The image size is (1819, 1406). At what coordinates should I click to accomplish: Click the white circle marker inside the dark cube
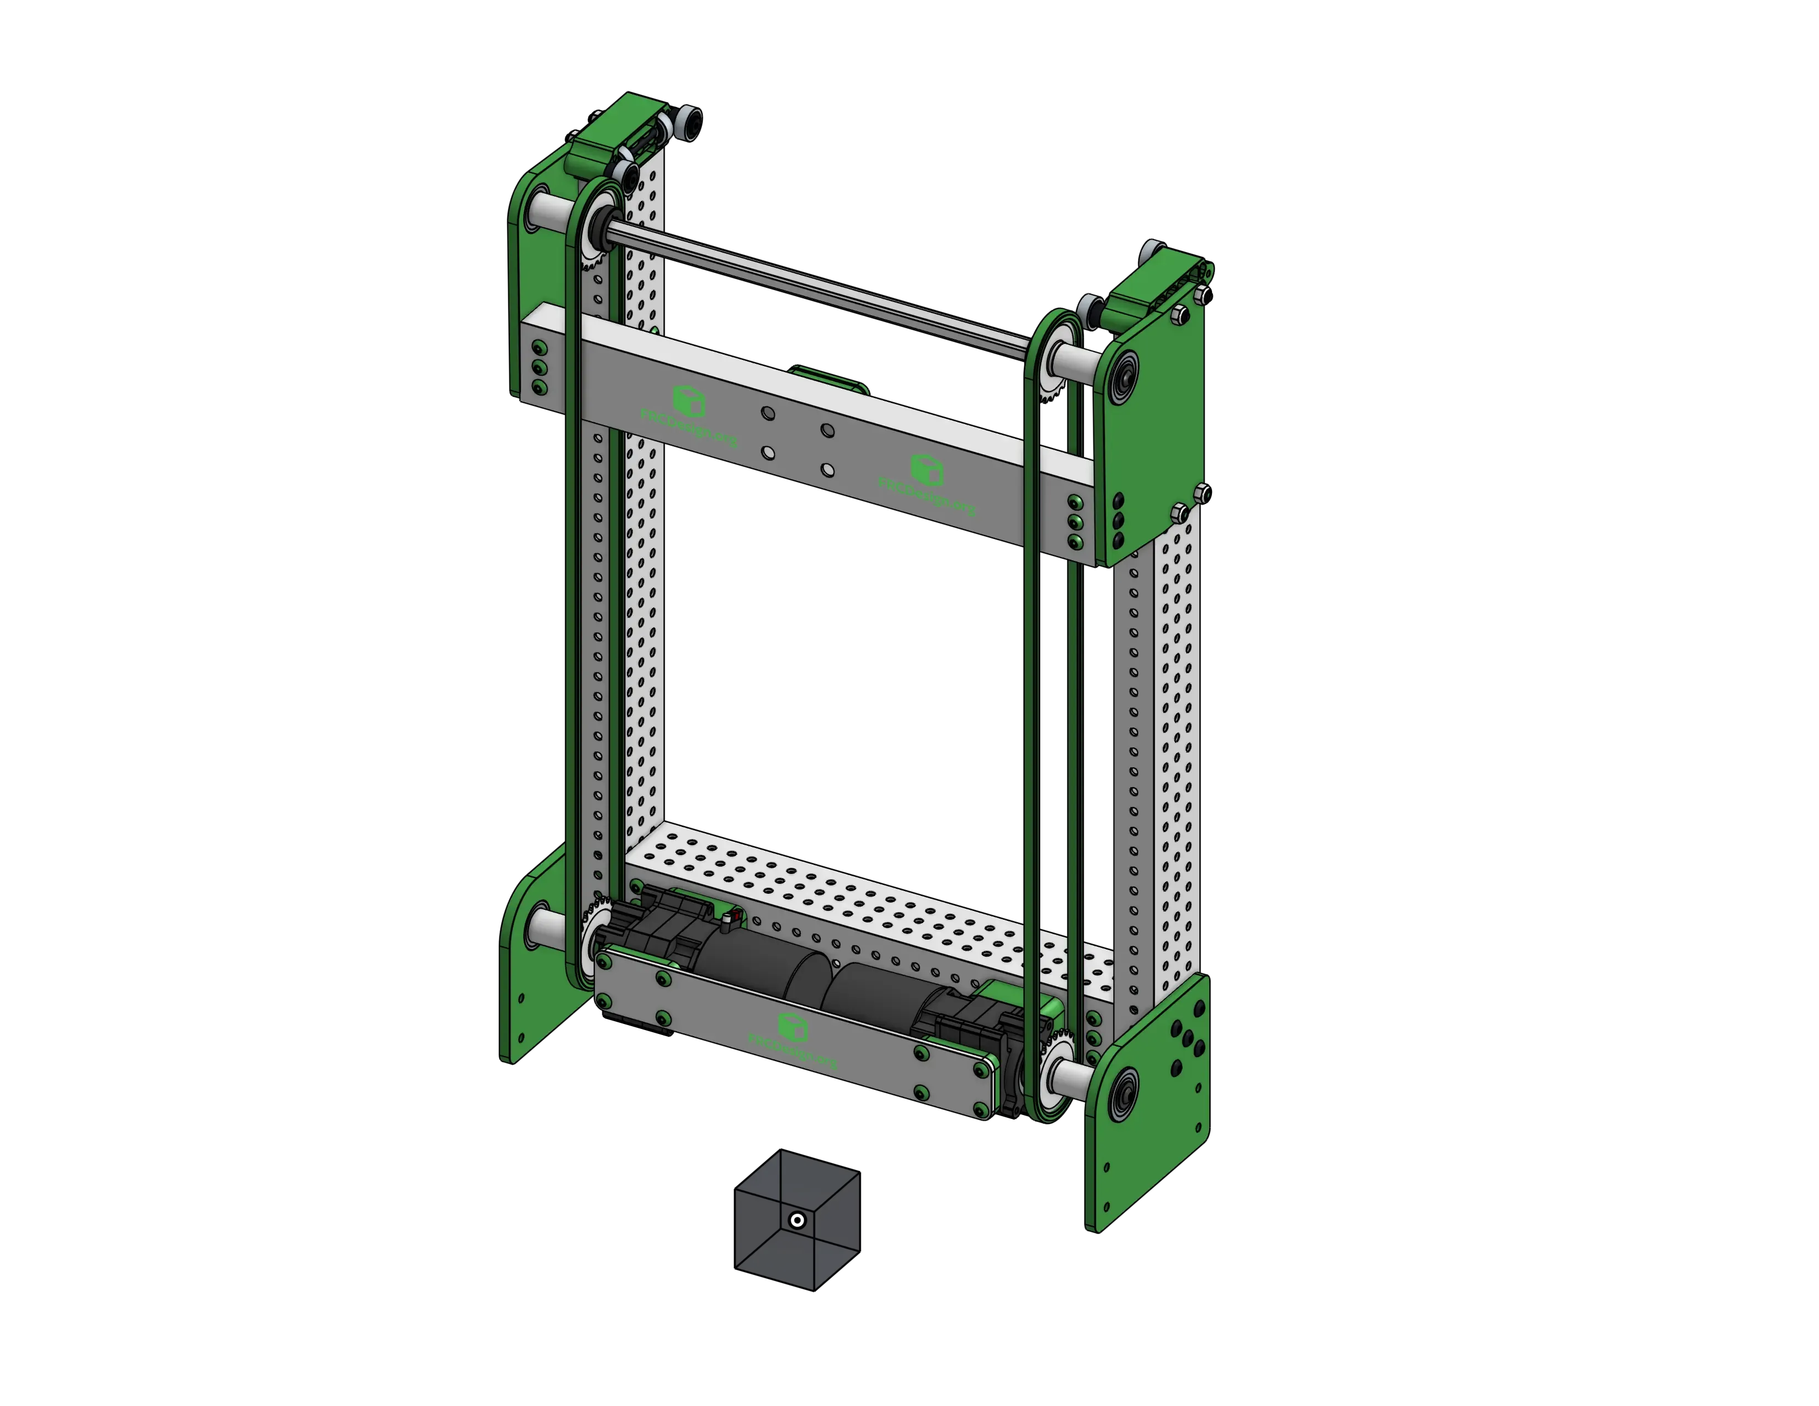(797, 1221)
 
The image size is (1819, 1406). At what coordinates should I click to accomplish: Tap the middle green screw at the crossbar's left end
(540, 367)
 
